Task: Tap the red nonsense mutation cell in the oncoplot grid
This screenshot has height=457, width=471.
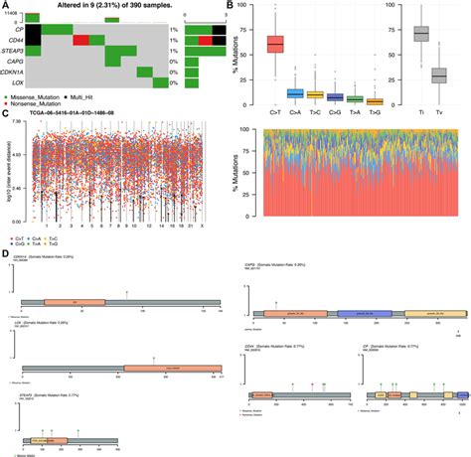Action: [80, 40]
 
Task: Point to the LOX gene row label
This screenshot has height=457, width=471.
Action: [15, 82]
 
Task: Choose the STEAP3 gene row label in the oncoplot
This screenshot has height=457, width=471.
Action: [12, 55]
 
